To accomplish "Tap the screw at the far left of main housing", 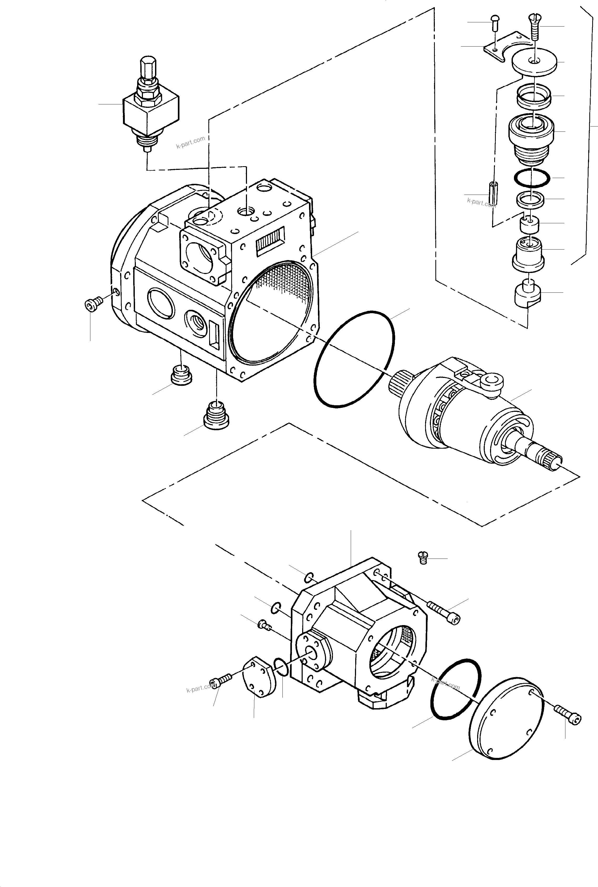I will pos(93,303).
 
